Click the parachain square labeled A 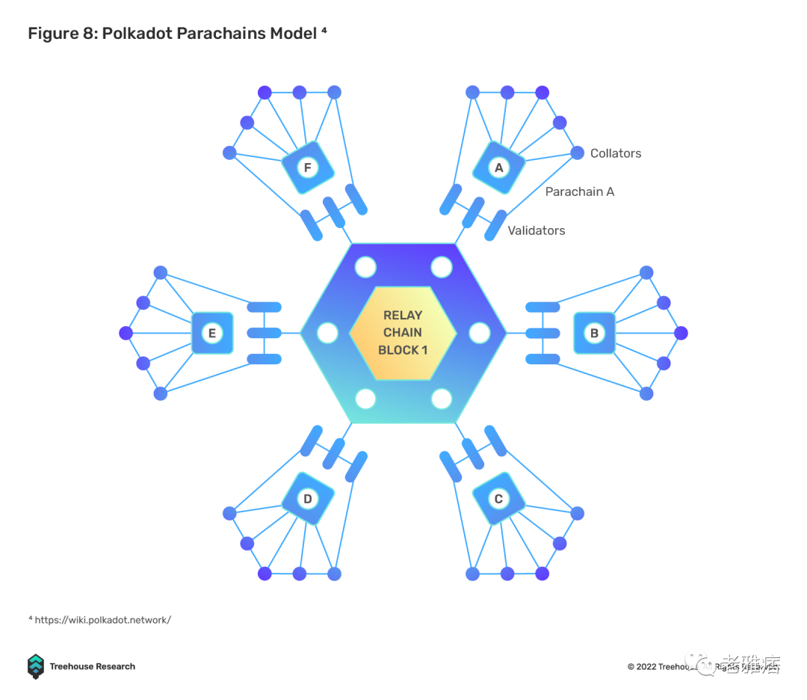click(499, 168)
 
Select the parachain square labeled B click(595, 333)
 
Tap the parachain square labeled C click(499, 498)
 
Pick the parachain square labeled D click(307, 498)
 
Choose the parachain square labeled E click(212, 333)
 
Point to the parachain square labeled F click(307, 168)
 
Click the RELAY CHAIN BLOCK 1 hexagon click(403, 333)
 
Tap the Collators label click(616, 153)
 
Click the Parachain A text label click(579, 191)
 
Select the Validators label click(537, 230)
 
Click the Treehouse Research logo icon click(36, 666)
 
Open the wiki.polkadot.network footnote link click(102, 620)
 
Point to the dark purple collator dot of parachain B click(680, 333)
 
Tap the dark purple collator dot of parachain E click(126, 333)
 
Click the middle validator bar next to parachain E click(264, 333)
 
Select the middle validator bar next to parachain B click(542, 333)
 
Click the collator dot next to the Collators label click(577, 153)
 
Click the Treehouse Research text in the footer click(93, 666)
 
